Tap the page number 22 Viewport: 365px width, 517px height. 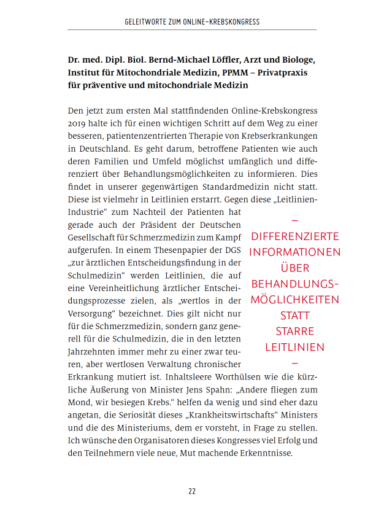click(x=192, y=491)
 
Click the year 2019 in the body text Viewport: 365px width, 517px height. click(x=78, y=123)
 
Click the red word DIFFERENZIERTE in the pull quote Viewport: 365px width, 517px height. click(x=295, y=236)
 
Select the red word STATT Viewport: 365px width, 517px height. click(x=295, y=316)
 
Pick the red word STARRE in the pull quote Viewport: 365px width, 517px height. click(x=295, y=332)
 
